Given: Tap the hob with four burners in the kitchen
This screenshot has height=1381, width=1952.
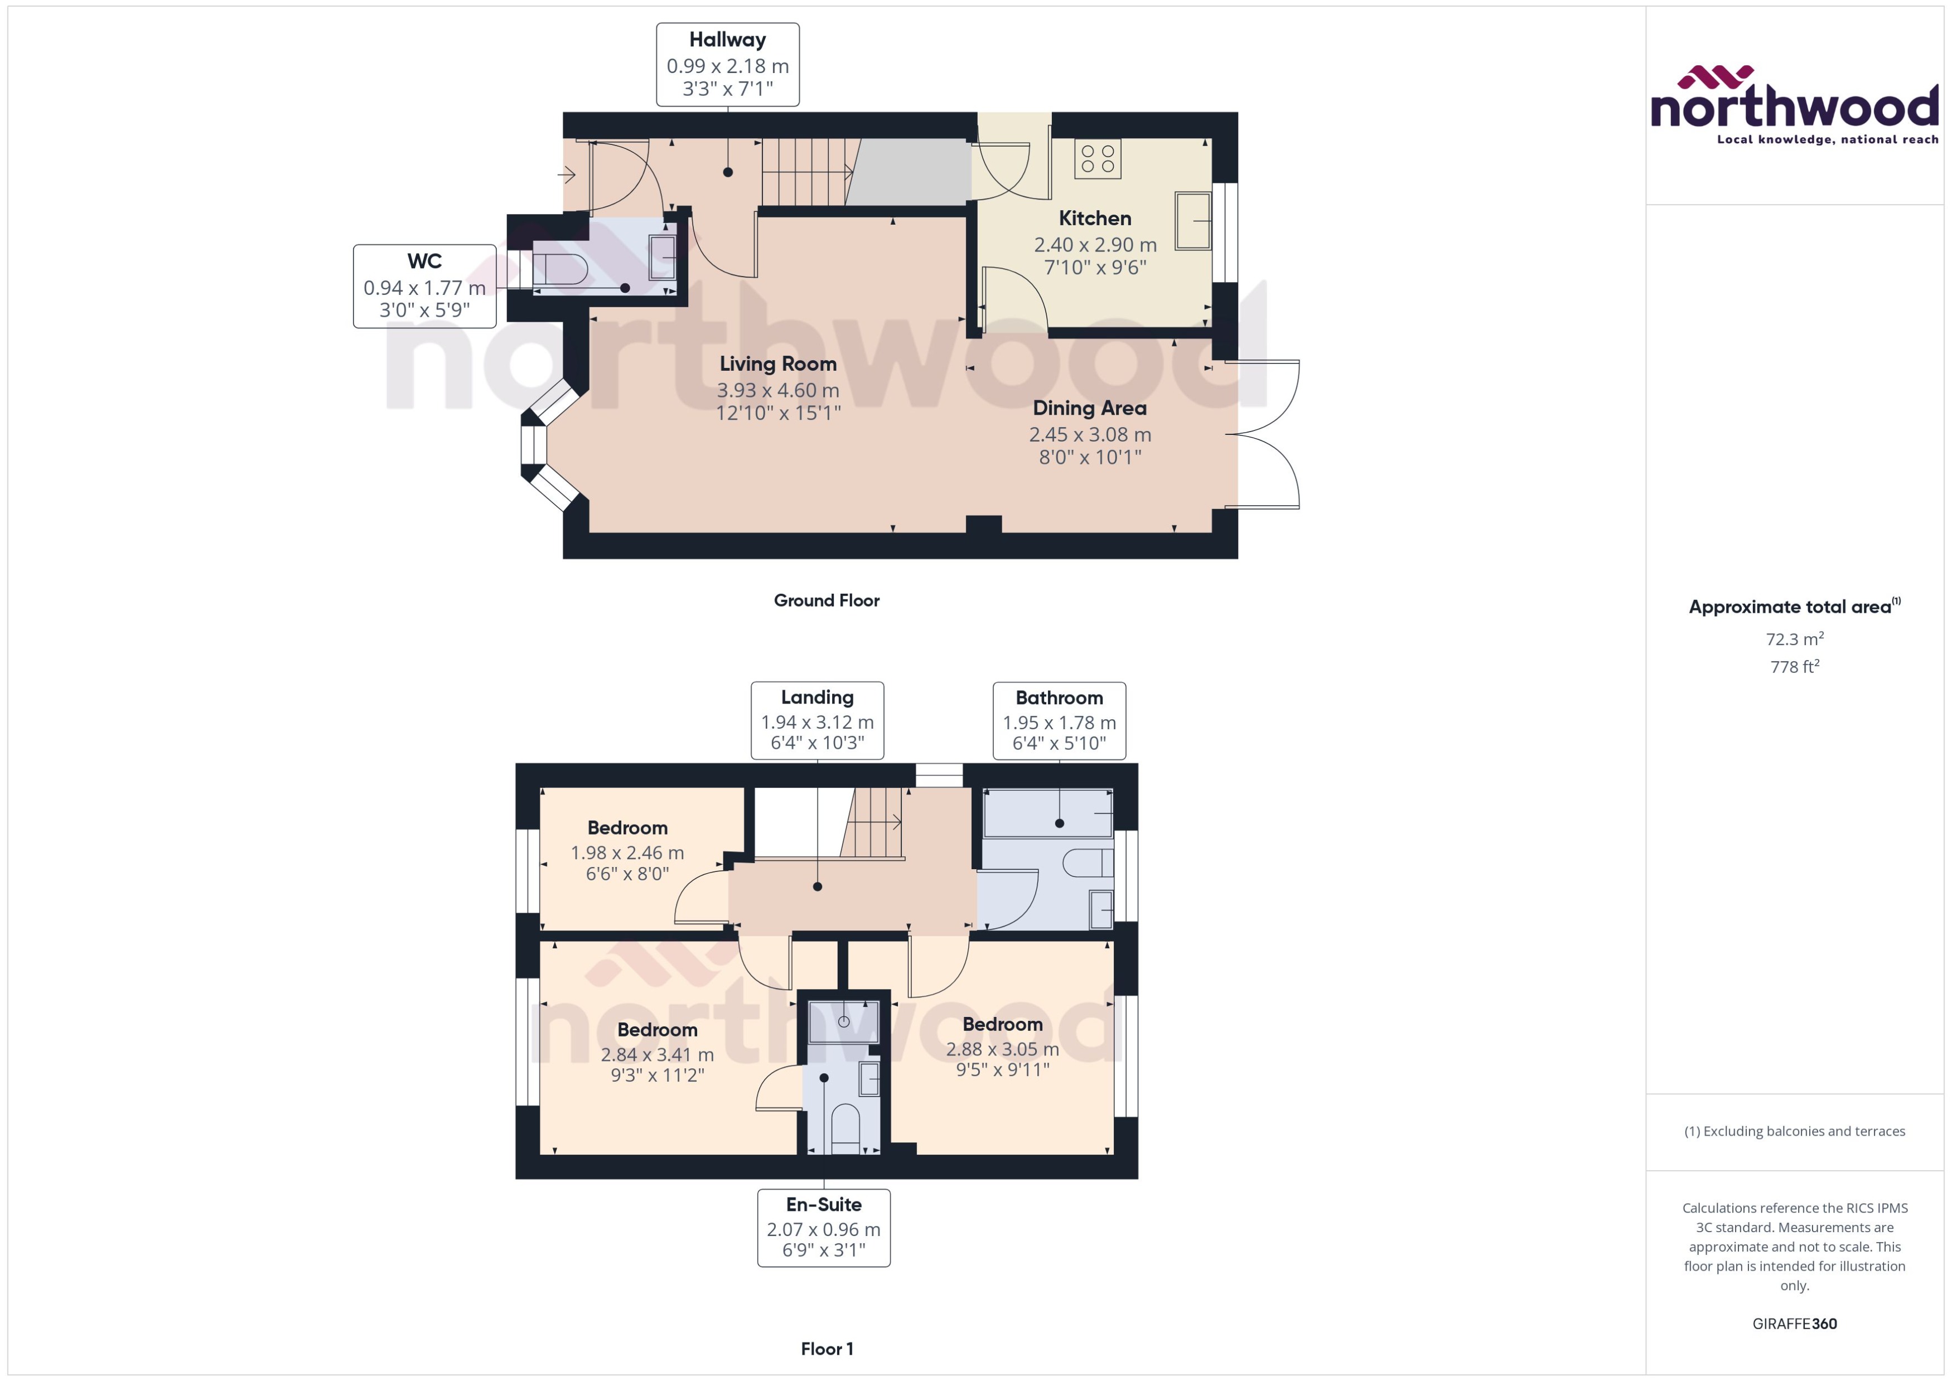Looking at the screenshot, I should (x=1097, y=159).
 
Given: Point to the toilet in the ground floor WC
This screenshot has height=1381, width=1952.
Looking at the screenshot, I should (x=559, y=269).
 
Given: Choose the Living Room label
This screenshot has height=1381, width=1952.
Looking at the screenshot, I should (x=777, y=364).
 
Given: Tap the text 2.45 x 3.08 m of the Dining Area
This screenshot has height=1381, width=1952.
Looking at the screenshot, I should (x=1090, y=434).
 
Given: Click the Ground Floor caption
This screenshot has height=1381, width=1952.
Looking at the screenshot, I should (x=826, y=600).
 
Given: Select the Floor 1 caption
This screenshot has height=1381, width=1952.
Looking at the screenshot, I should (x=826, y=1349).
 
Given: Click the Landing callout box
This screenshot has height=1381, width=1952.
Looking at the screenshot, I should (x=816, y=719).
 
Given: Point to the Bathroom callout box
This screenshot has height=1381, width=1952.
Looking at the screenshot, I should (x=1059, y=720).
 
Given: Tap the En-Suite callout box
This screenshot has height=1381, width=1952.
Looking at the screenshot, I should (x=823, y=1227).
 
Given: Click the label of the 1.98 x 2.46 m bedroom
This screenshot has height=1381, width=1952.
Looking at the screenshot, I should (x=627, y=827).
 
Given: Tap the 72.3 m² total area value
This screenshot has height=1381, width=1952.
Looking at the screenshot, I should (x=1794, y=638).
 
